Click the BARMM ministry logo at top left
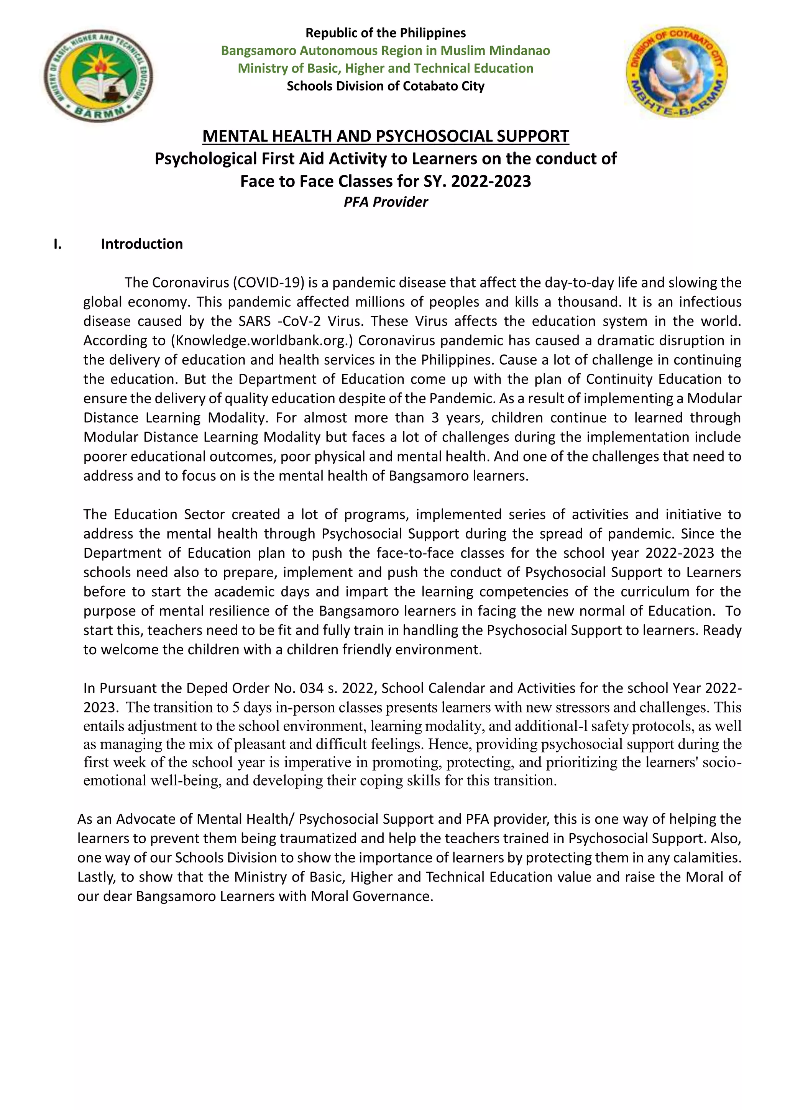pyautogui.click(x=99, y=76)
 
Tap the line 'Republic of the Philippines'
pyautogui.click(x=385, y=33)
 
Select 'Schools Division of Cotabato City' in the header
pyautogui.click(x=385, y=86)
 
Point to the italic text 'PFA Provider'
pyautogui.click(x=385, y=202)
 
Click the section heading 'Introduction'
pyautogui.click(x=141, y=244)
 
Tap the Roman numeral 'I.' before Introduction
pyautogui.click(x=57, y=244)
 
